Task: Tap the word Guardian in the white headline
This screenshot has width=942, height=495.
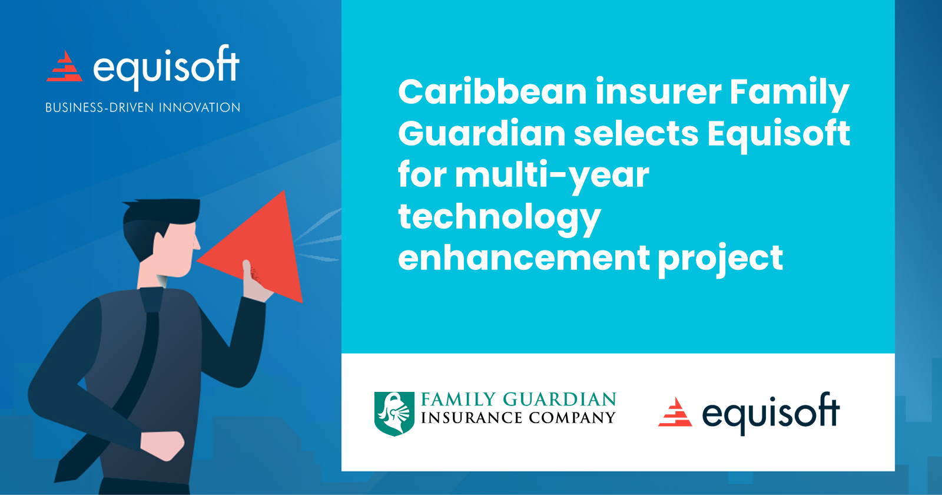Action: (x=482, y=134)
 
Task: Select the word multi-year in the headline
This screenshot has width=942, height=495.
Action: (x=552, y=176)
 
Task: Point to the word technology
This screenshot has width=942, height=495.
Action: (x=499, y=217)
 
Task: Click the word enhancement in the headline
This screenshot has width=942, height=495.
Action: (x=523, y=258)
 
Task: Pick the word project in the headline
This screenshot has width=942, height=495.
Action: (x=720, y=259)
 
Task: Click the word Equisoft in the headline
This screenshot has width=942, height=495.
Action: (x=778, y=134)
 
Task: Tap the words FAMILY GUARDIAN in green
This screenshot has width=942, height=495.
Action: (x=518, y=399)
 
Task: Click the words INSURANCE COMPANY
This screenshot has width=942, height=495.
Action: (x=518, y=418)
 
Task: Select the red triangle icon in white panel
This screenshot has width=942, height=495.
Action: (x=675, y=412)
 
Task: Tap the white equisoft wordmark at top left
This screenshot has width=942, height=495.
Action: (x=166, y=67)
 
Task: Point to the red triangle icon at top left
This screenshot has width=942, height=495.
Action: (x=65, y=67)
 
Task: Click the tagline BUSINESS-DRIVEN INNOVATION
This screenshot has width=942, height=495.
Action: (x=143, y=108)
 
